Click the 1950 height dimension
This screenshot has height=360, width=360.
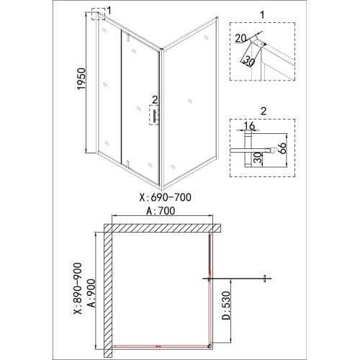point(81,79)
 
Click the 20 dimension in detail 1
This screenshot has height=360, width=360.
point(240,38)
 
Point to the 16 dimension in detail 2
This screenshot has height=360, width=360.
point(249,125)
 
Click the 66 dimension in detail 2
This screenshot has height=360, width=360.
point(282,148)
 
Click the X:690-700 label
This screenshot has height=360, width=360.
point(166,197)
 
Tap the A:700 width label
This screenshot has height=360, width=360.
point(161,211)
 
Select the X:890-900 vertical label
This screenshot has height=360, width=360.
point(78,289)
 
